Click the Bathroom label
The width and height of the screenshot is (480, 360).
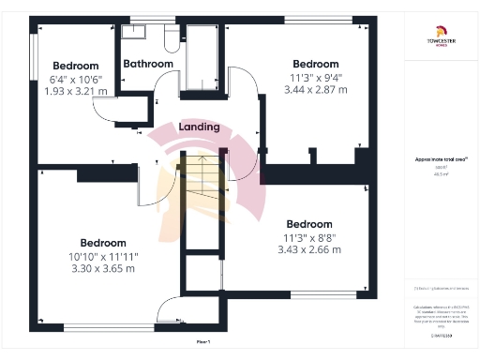[x=148, y=64]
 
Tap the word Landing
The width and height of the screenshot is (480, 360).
[x=199, y=127]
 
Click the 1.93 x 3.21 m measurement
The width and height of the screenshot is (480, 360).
[x=76, y=91]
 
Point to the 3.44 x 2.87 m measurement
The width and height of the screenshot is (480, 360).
[x=316, y=90]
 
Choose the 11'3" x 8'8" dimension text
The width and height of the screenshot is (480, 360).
[x=308, y=237]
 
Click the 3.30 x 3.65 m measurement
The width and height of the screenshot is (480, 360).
[x=103, y=268]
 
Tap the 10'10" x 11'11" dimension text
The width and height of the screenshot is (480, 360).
[x=103, y=256]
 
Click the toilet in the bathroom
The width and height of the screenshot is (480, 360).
[x=172, y=38]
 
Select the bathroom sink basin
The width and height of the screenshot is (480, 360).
[x=136, y=32]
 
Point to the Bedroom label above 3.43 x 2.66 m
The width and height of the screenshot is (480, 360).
[x=308, y=224]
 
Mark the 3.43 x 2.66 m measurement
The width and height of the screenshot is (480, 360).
[x=308, y=249]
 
